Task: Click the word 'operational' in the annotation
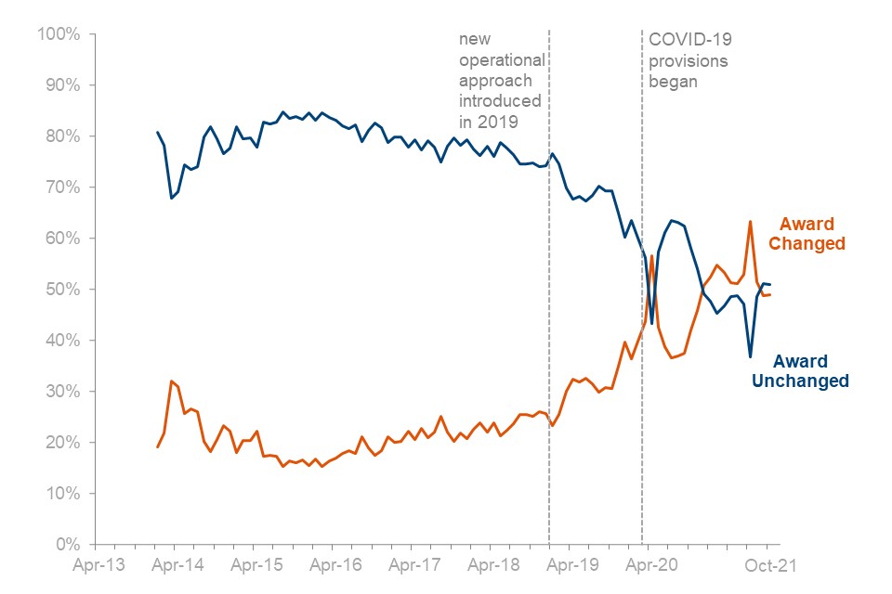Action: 502,60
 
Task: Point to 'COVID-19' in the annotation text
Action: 689,40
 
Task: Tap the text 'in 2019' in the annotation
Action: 489,122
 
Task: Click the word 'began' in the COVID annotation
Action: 673,81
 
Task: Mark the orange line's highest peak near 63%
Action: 750,222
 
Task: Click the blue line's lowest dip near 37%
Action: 750,356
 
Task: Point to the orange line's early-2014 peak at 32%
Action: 172,381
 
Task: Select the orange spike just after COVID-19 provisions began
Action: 652,255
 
